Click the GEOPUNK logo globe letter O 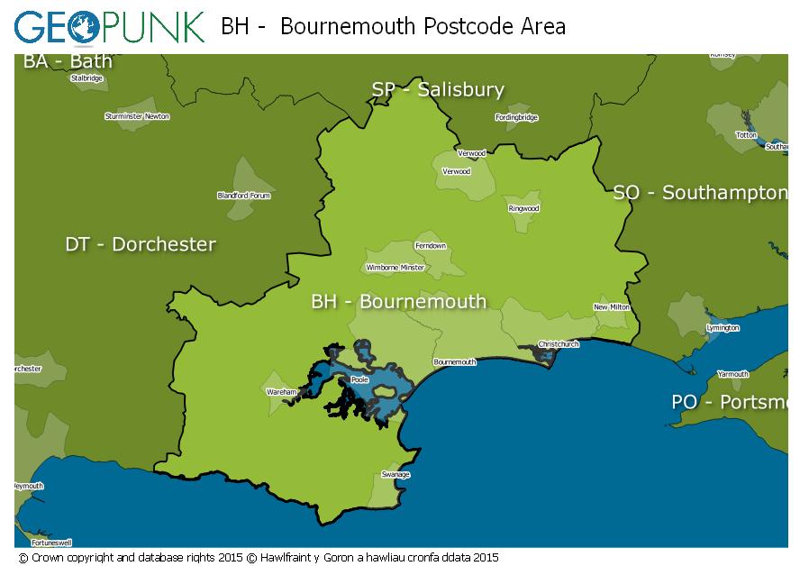(x=82, y=26)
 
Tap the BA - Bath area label (x=68, y=61)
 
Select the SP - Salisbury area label (x=438, y=89)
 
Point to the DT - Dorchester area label (x=141, y=244)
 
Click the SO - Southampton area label (x=699, y=193)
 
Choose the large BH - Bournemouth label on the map (x=398, y=301)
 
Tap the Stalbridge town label (x=86, y=78)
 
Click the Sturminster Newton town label (x=137, y=116)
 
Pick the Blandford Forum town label (x=243, y=196)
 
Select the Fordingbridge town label (x=516, y=117)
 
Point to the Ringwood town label (x=523, y=208)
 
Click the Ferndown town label (x=430, y=246)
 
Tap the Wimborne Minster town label (x=395, y=268)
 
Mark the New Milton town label (x=612, y=307)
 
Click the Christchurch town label (x=559, y=344)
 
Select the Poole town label (x=359, y=380)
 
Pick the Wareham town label (x=281, y=393)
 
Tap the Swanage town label (x=395, y=475)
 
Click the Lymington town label (x=723, y=328)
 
